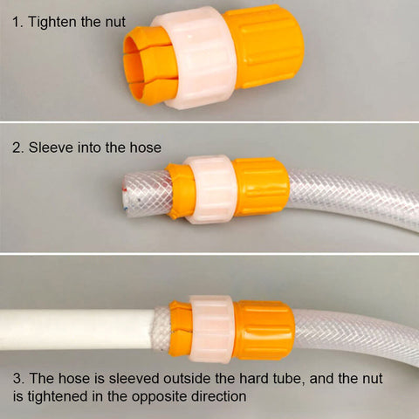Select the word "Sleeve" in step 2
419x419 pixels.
click(51, 148)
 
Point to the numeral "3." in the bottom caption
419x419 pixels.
click(19, 378)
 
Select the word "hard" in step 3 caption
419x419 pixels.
click(254, 378)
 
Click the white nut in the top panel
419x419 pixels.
click(196, 58)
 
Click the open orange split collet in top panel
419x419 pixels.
click(147, 65)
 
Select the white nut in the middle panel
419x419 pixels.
click(210, 189)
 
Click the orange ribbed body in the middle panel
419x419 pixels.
click(261, 187)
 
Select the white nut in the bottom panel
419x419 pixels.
click(211, 329)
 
